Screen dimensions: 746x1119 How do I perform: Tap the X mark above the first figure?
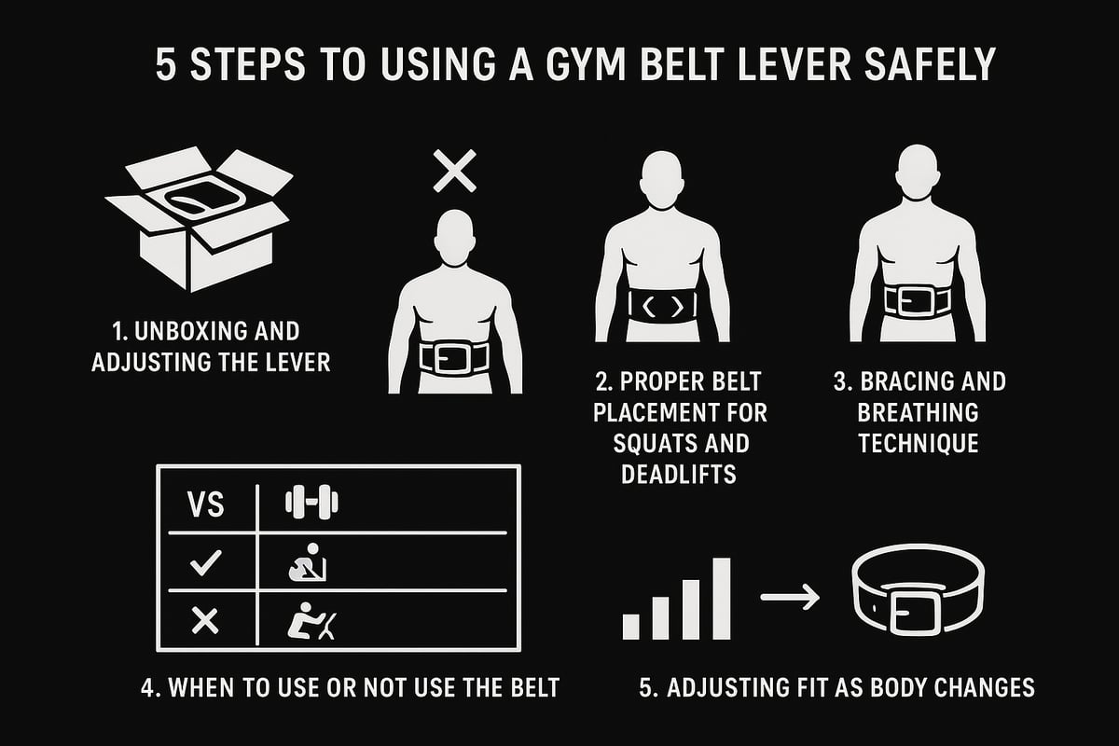tap(454, 172)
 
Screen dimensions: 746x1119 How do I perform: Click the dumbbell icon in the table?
tap(311, 504)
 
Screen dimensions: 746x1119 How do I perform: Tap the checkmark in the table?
tap(205, 560)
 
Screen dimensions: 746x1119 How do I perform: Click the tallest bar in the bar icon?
tap(722, 599)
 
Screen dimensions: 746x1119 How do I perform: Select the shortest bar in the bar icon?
tap(631, 626)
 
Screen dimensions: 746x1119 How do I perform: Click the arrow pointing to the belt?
tap(790, 596)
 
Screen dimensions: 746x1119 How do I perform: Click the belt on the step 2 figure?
tap(664, 306)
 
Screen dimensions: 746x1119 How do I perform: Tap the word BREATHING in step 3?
tap(919, 411)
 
